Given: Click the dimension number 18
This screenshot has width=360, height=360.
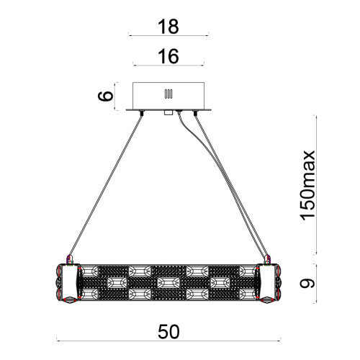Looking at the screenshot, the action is click(168, 27).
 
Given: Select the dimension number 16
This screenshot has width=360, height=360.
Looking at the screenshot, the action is click(168, 56).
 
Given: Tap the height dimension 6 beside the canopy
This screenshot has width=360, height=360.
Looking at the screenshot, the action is click(106, 96).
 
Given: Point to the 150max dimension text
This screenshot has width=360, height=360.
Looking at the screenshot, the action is click(307, 185).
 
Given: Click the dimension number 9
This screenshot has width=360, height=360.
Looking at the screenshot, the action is click(307, 283).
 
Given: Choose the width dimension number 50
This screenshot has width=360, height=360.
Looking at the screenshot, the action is click(168, 331).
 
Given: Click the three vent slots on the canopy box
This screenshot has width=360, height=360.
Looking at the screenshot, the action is click(168, 94).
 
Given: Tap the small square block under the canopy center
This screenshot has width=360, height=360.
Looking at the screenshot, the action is click(168, 112).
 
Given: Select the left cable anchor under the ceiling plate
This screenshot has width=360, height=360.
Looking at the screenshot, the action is click(142, 112).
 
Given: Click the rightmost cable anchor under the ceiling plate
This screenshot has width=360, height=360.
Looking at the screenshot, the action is click(194, 112).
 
